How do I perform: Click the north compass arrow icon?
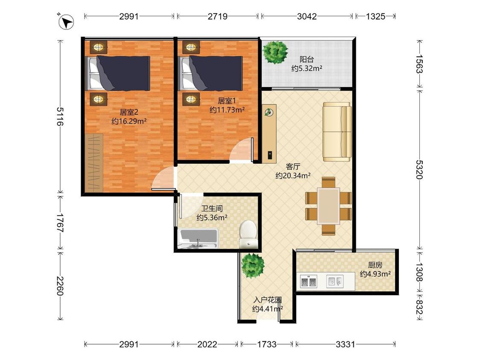66,22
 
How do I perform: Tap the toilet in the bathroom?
248,234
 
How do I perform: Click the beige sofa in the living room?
337,132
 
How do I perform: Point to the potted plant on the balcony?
276,52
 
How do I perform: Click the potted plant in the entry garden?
253,266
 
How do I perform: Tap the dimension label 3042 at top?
307,16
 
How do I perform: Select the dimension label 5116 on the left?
60,116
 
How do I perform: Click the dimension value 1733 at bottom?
267,344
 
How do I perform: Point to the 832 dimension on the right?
419,307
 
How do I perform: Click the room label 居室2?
129,112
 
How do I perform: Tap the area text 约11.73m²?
227,110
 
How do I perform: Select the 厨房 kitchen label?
375,265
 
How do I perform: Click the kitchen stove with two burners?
308,282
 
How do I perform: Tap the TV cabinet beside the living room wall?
269,134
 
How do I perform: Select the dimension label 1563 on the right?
419,64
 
